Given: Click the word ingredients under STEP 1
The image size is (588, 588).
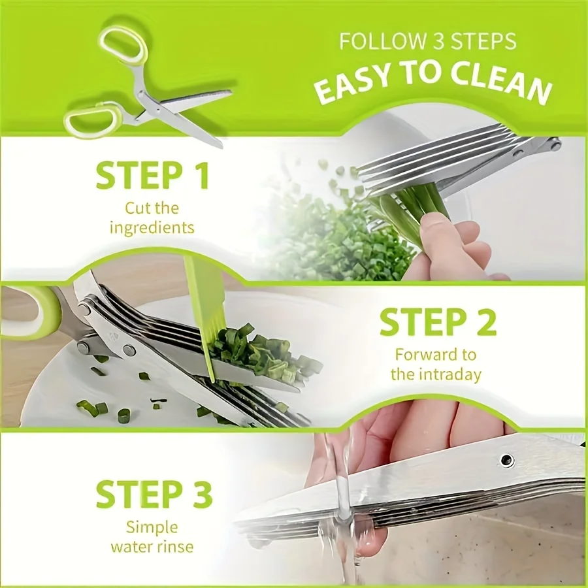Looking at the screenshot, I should [152, 228].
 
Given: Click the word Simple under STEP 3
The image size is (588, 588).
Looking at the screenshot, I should [152, 527].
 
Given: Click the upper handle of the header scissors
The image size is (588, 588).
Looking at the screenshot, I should [123, 44].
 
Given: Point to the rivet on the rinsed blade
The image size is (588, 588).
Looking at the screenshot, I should [507, 460].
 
